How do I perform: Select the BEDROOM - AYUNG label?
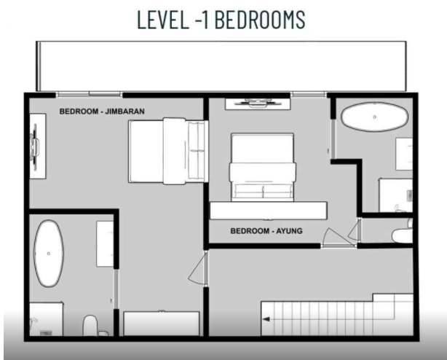point(266,231)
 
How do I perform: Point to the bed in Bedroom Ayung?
point(262,166)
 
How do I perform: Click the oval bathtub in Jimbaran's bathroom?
point(48,252)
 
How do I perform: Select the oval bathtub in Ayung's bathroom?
point(374,117)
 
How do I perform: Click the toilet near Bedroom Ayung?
point(401,235)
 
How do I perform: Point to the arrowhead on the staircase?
point(267,319)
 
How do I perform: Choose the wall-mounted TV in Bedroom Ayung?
point(253,103)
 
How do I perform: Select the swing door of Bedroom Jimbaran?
point(196,270)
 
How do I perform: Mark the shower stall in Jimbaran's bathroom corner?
point(44,321)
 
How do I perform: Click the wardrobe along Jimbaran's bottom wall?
point(161,323)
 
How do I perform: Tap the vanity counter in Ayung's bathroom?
point(403,154)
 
